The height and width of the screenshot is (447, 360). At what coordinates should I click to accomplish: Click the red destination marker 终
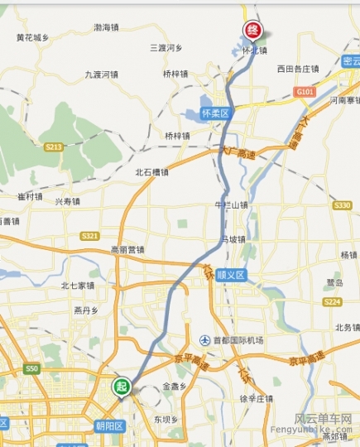click(x=253, y=31)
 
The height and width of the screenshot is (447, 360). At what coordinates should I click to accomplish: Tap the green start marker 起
click(x=122, y=387)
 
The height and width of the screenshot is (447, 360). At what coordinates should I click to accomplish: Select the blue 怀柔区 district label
click(x=214, y=113)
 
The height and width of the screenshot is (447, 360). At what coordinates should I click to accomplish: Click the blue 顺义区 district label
click(x=231, y=275)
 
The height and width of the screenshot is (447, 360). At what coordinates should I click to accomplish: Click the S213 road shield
click(x=55, y=147)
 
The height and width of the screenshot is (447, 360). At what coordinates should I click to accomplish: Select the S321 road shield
click(x=90, y=236)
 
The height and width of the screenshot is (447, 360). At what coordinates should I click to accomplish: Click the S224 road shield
click(x=333, y=303)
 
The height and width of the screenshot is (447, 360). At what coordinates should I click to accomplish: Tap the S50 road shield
click(x=32, y=368)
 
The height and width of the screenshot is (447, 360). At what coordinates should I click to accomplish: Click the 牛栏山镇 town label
click(x=231, y=204)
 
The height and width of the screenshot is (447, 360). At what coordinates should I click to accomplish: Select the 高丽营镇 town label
click(x=127, y=249)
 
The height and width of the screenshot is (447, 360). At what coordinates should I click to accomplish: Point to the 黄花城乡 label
click(x=32, y=37)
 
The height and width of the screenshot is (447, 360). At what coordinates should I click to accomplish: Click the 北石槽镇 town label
click(x=151, y=172)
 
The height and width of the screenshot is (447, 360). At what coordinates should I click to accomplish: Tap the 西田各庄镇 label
click(x=297, y=69)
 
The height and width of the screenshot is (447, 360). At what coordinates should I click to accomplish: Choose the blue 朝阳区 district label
click(x=108, y=425)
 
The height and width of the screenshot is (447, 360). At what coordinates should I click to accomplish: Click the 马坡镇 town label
click(x=233, y=239)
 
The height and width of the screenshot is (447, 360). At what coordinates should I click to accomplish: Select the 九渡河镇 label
click(x=102, y=74)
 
